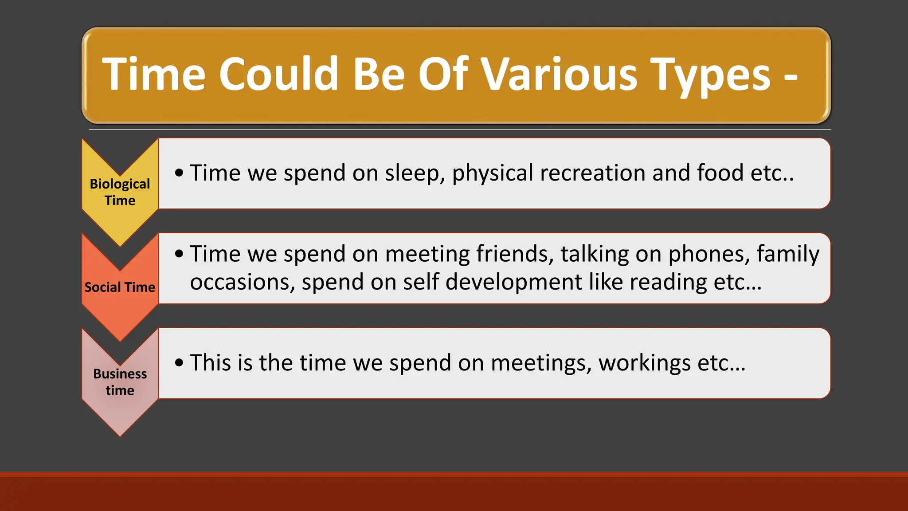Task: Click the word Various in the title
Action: pyautogui.click(x=559, y=75)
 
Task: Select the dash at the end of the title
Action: pyautogui.click(x=791, y=76)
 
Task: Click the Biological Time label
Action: pyautogui.click(x=120, y=192)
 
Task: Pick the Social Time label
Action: pyautogui.click(x=120, y=287)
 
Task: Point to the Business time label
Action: pyautogui.click(x=120, y=382)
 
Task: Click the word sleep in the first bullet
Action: pyautogui.click(x=415, y=173)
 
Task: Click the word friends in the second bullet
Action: pyautogui.click(x=515, y=254)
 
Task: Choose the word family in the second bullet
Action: pyautogui.click(x=788, y=254)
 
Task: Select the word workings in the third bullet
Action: pyautogui.click(x=644, y=362)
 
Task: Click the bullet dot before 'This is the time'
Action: pyautogui.click(x=179, y=363)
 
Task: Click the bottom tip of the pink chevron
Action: pyautogui.click(x=120, y=435)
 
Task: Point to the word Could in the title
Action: pyautogui.click(x=279, y=75)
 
